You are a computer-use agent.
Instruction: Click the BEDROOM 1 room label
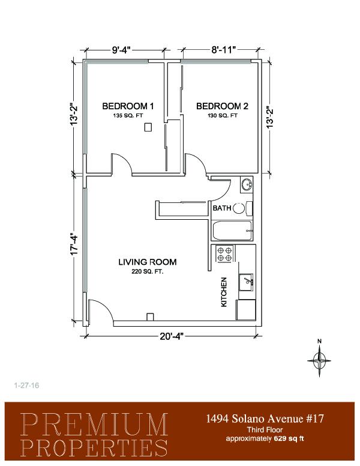128,106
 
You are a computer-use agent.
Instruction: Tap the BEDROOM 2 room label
222,106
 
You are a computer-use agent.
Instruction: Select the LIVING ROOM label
148,262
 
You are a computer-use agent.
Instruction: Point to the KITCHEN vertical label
224,292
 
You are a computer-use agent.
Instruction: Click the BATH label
221,208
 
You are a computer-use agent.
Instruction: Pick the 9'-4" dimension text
121,50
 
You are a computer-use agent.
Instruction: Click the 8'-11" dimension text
223,50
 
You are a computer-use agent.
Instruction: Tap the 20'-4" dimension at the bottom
172,336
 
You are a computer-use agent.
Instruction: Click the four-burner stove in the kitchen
224,253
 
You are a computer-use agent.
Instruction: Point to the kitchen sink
246,282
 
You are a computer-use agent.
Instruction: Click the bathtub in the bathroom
232,231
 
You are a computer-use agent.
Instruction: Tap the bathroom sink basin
247,185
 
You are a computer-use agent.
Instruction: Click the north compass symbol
319,359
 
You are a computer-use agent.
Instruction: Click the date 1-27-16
27,386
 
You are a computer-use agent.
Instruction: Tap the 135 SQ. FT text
128,116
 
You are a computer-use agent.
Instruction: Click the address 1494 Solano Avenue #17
265,419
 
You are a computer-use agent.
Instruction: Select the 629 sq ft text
289,438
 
